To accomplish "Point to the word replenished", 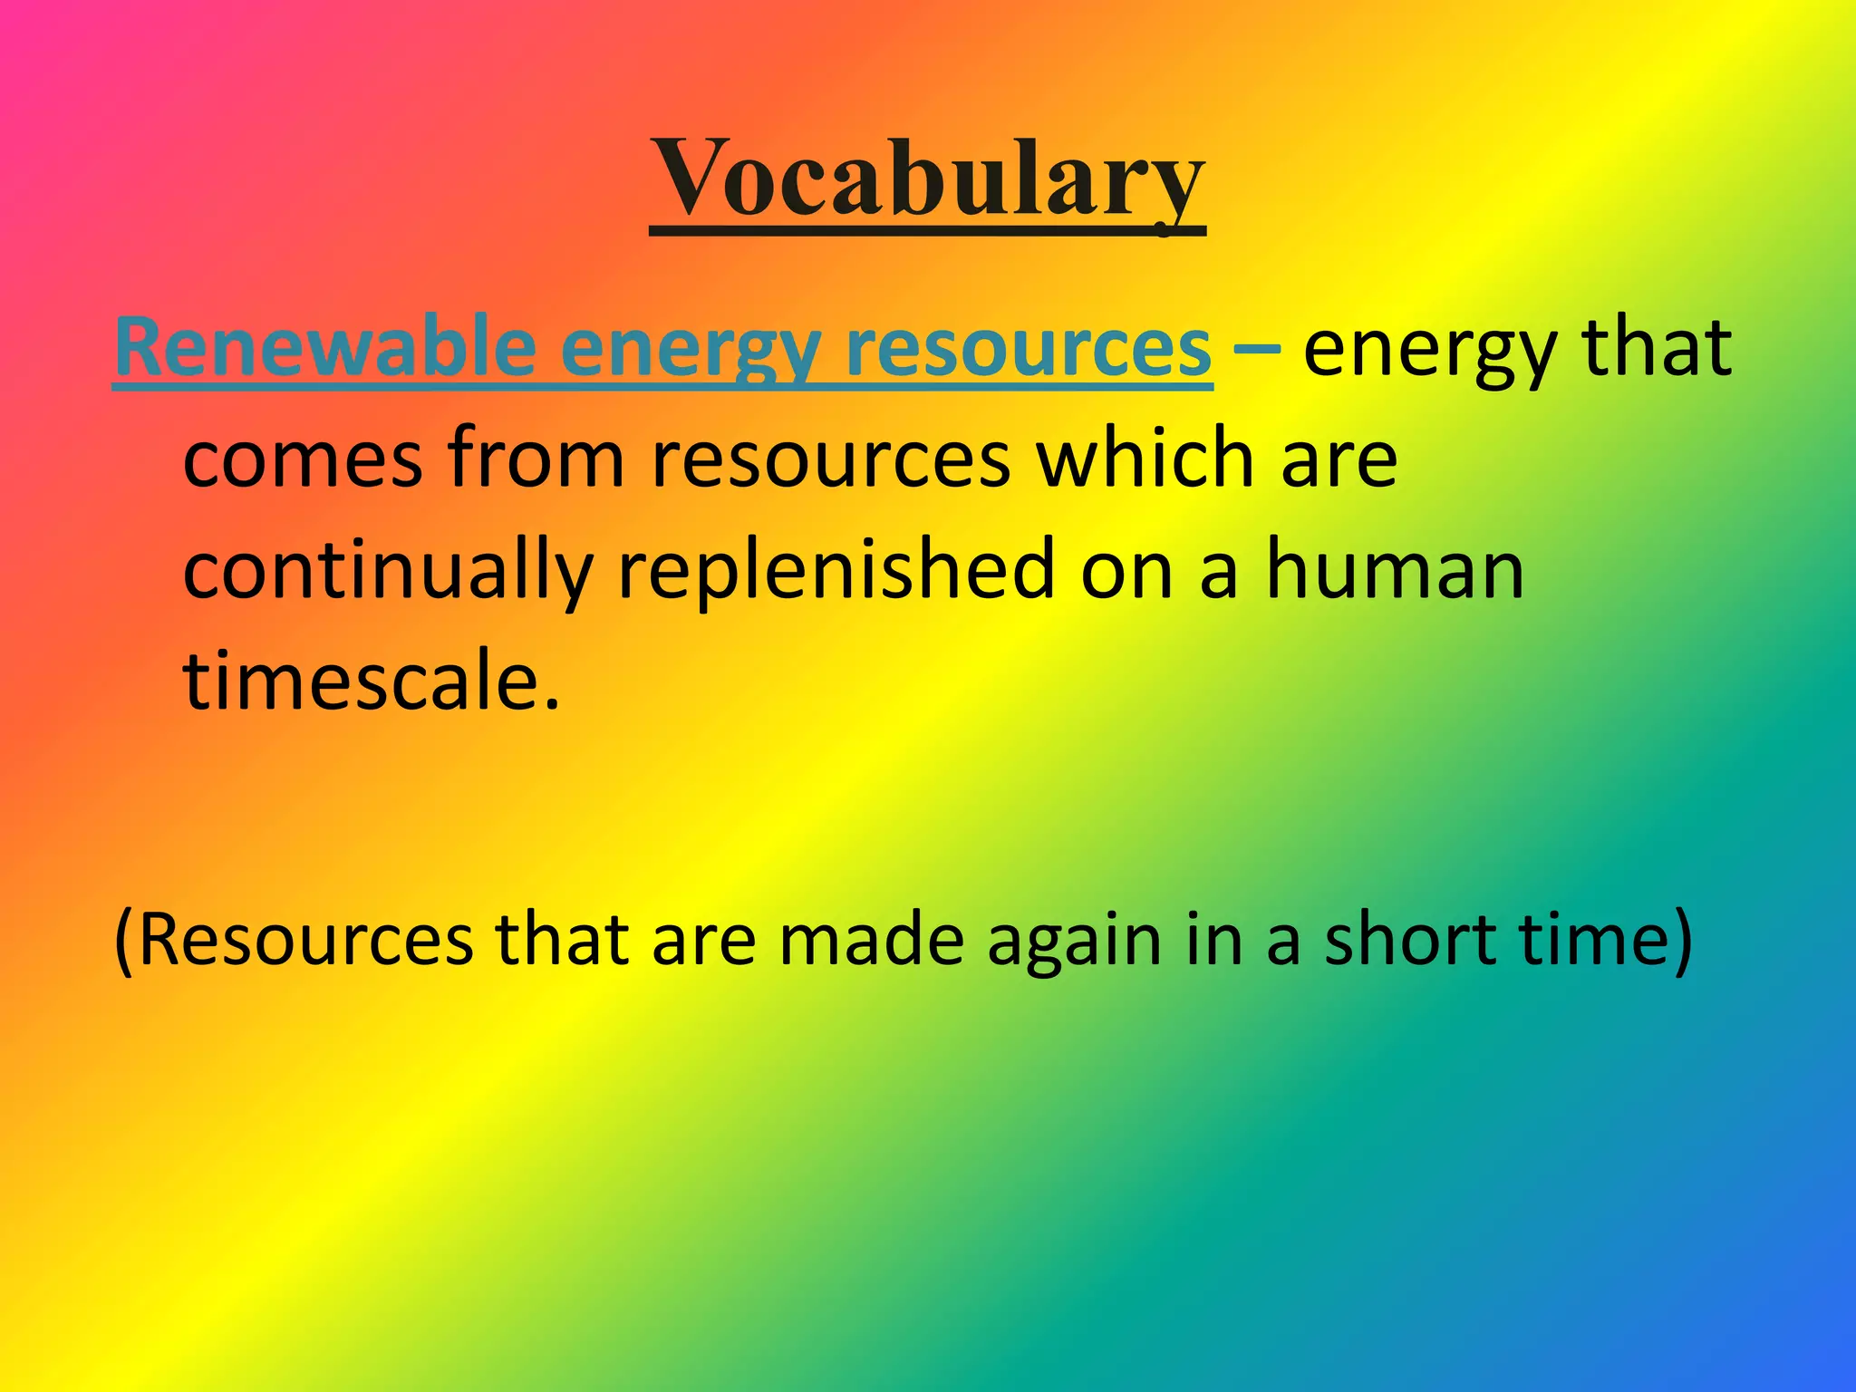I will (x=836, y=571).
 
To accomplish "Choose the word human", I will (x=1395, y=571).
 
